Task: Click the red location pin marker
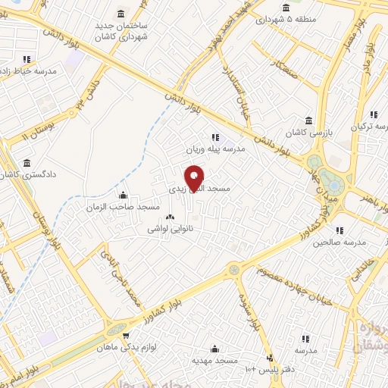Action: click(x=194, y=177)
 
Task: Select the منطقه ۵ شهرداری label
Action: click(x=280, y=19)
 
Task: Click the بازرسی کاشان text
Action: click(x=311, y=133)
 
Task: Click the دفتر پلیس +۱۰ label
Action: click(x=271, y=369)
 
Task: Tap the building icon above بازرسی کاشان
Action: click(x=308, y=120)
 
